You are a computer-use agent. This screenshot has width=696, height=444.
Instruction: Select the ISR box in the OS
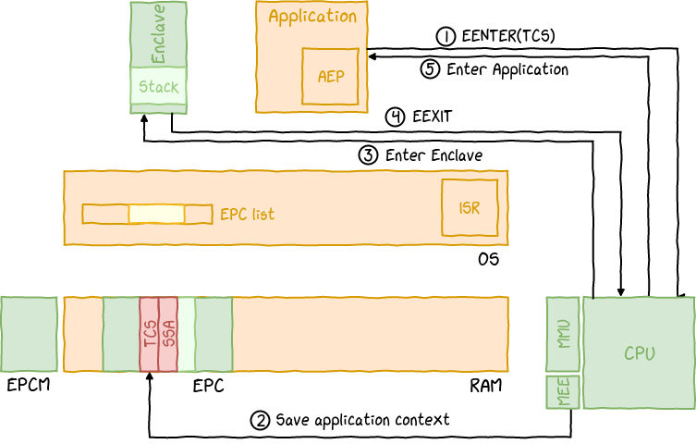pyautogui.click(x=469, y=208)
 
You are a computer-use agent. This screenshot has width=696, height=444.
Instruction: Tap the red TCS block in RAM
pyautogui.click(x=149, y=334)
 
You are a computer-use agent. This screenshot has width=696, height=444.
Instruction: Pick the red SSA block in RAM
pyautogui.click(x=168, y=334)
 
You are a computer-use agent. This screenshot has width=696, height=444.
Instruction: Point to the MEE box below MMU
pyautogui.click(x=562, y=392)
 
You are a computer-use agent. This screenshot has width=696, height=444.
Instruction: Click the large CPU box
pyautogui.click(x=639, y=352)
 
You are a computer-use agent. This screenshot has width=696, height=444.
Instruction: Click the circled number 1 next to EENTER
pyautogui.click(x=446, y=36)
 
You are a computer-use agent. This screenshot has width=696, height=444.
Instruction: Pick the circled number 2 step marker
pyautogui.click(x=261, y=420)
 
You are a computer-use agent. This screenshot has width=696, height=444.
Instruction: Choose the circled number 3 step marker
pyautogui.click(x=368, y=155)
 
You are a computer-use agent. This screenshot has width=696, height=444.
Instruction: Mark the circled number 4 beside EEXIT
pyautogui.click(x=395, y=117)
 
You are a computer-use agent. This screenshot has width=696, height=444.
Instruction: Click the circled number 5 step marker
pyautogui.click(x=429, y=68)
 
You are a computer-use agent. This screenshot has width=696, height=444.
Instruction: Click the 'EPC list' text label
pyautogui.click(x=247, y=214)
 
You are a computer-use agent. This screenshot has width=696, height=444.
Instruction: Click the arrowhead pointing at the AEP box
pyautogui.click(x=372, y=56)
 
